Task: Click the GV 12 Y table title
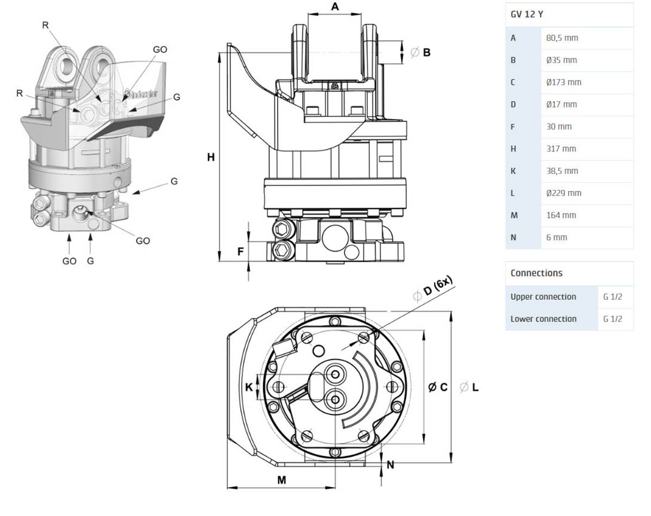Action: click(x=527, y=15)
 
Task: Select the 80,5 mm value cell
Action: click(x=562, y=38)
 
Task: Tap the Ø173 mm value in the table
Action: click(x=564, y=82)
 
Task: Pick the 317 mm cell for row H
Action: click(x=561, y=149)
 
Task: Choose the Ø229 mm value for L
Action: click(x=564, y=193)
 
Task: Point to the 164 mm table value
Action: click(x=561, y=216)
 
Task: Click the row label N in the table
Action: click(x=514, y=238)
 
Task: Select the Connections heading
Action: click(x=536, y=273)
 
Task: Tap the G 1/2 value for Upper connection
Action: click(x=612, y=297)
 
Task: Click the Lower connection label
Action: click(x=543, y=319)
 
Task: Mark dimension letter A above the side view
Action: click(x=335, y=7)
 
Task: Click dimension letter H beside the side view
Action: click(x=211, y=158)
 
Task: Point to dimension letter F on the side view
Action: click(x=241, y=251)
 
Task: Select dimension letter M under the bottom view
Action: click(x=281, y=480)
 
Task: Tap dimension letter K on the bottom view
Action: click(x=249, y=388)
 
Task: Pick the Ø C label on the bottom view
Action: click(x=437, y=387)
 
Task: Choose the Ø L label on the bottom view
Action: click(x=469, y=387)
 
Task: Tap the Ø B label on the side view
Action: click(x=421, y=52)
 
